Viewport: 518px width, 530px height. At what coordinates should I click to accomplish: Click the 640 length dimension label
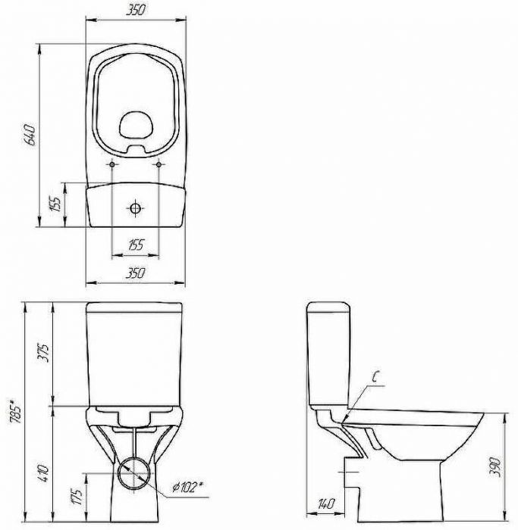coord(30,135)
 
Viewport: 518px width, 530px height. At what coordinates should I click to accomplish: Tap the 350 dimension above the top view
coord(136,10)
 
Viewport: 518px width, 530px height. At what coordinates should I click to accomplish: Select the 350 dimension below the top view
coord(136,273)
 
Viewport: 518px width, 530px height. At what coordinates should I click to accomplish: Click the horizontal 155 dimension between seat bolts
coord(136,245)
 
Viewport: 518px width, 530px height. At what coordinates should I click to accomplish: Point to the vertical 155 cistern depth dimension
coord(56,203)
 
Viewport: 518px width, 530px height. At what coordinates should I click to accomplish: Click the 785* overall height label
coord(16,411)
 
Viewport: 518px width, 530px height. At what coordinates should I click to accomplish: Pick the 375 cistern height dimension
coord(44,353)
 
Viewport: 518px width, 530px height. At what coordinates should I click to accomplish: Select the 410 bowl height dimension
coord(44,473)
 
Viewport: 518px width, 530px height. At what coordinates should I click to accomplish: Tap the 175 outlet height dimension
coord(77,497)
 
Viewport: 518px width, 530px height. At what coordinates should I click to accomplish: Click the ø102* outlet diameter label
coord(187,487)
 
